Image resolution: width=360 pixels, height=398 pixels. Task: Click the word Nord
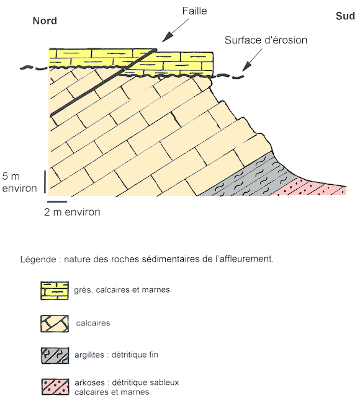pyautogui.click(x=45, y=21)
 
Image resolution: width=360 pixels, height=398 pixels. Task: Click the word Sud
pyautogui.click(x=345, y=16)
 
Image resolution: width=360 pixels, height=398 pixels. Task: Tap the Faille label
pyautogui.click(x=195, y=11)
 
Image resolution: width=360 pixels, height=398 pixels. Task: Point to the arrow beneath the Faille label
pyautogui.click(x=176, y=30)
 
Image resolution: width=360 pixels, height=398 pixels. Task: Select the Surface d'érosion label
pyautogui.click(x=266, y=40)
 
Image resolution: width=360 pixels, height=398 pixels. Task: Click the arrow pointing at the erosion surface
pyautogui.click(x=251, y=60)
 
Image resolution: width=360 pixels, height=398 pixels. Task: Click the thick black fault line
pyautogui.click(x=104, y=82)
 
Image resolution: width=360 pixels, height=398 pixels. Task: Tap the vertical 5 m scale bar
pyautogui.click(x=45, y=182)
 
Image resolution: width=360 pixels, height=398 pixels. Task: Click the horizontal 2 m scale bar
pyautogui.click(x=57, y=202)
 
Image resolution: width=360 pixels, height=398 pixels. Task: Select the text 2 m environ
pyautogui.click(x=72, y=212)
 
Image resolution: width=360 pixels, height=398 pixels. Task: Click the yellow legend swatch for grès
pyautogui.click(x=55, y=291)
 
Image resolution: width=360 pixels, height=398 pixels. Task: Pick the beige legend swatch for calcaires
pyautogui.click(x=55, y=324)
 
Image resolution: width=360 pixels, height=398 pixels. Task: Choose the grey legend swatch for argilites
pyautogui.click(x=55, y=355)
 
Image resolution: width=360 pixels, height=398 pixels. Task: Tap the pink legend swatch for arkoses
pyautogui.click(x=55, y=387)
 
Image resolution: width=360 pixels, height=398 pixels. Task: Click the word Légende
pyautogui.click(x=38, y=259)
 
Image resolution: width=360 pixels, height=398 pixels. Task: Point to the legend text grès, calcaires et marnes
pyautogui.click(x=122, y=290)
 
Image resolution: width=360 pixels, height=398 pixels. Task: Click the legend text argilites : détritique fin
pyautogui.click(x=116, y=355)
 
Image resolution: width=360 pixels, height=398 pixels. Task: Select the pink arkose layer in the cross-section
pyautogui.click(x=312, y=188)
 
